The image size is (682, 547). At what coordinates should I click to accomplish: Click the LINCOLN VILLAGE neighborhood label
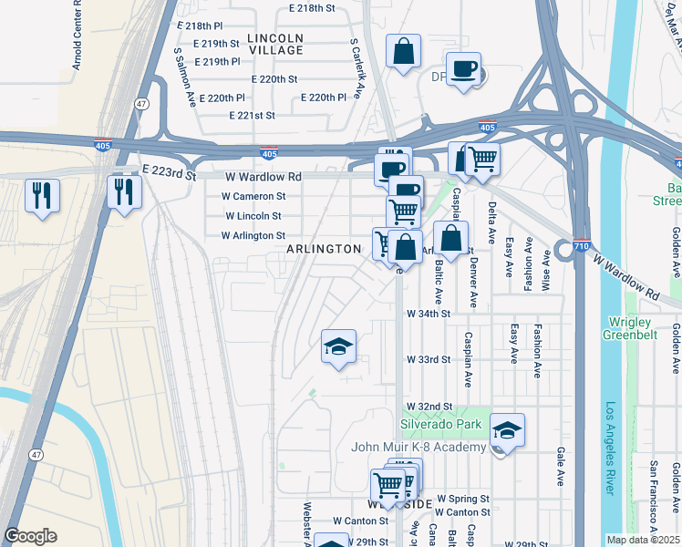point(274,44)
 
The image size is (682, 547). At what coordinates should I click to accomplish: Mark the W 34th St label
point(429,314)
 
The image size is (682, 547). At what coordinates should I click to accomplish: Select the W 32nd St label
point(429,406)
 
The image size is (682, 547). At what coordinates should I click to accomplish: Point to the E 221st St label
point(253,116)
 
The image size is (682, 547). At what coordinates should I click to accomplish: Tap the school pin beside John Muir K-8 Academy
point(507,430)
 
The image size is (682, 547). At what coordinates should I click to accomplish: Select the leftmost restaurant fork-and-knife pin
point(42,195)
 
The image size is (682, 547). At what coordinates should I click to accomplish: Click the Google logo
point(31,536)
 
